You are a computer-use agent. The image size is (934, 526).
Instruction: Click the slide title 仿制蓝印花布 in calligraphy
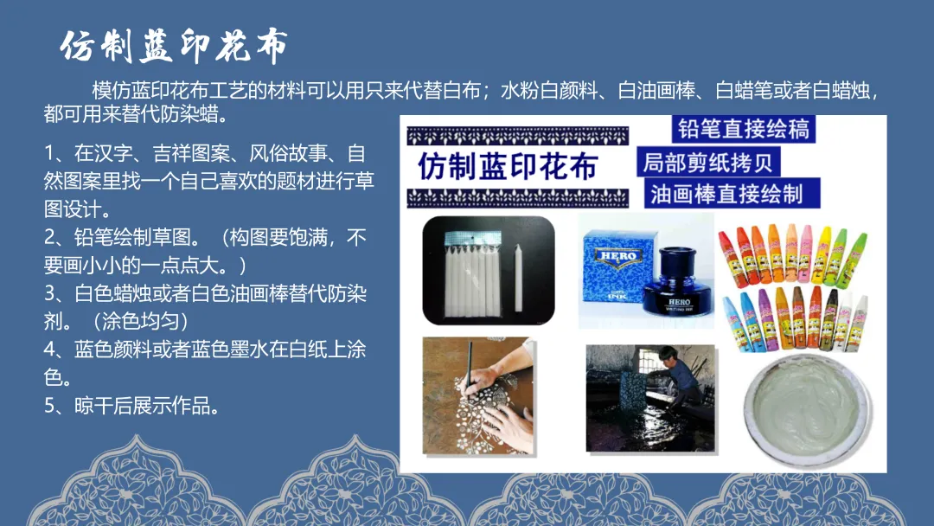pyautogui.click(x=174, y=47)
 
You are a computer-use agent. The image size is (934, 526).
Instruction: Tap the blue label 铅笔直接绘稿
pyautogui.click(x=744, y=129)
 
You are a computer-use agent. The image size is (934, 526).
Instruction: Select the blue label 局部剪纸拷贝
pyautogui.click(x=708, y=162)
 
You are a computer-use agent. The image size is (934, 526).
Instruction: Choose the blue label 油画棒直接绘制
pyautogui.click(x=732, y=194)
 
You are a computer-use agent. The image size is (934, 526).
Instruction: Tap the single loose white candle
pyautogui.click(x=518, y=278)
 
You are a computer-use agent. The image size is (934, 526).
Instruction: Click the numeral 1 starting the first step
pyautogui.click(x=49, y=154)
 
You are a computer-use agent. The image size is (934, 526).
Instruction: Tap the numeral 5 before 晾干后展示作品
pyautogui.click(x=50, y=407)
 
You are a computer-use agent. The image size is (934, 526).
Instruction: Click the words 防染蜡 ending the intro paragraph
pyautogui.click(x=189, y=113)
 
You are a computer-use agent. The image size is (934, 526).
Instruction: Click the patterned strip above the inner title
pyautogui.click(x=518, y=136)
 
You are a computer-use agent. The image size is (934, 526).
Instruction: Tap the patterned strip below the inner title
pyautogui.click(x=518, y=198)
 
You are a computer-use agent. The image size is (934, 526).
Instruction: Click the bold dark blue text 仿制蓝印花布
pyautogui.click(x=508, y=166)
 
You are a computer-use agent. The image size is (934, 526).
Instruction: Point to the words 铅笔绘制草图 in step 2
pyautogui.click(x=132, y=238)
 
